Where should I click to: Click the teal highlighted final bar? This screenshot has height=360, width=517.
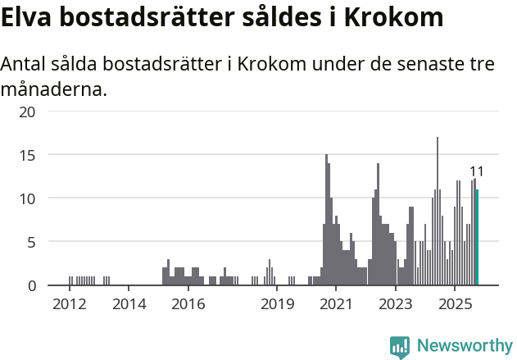coord(477,238)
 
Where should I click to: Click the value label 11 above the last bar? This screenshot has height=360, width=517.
coord(476,171)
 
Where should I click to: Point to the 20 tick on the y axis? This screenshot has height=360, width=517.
coord(28,112)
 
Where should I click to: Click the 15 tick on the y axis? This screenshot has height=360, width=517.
coord(28,155)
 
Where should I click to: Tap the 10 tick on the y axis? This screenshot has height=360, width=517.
coord(28,198)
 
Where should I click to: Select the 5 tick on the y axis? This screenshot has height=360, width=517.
coord(31,242)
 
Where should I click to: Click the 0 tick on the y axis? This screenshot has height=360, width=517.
coord(31,285)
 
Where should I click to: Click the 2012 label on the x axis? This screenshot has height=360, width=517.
coord(70,304)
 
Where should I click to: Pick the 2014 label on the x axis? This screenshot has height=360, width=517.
coord(129,304)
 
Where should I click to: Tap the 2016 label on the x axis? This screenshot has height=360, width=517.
coord(188,304)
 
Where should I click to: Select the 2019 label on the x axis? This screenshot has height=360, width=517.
coord(277,304)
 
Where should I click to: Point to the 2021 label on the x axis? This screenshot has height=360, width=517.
coord(336,304)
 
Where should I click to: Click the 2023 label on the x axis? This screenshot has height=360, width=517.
coord(396,304)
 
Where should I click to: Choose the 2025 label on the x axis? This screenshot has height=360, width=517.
coord(455,304)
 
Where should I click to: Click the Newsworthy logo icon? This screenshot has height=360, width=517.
coord(400,347)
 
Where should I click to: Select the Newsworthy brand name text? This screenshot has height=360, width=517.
coord(465,346)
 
